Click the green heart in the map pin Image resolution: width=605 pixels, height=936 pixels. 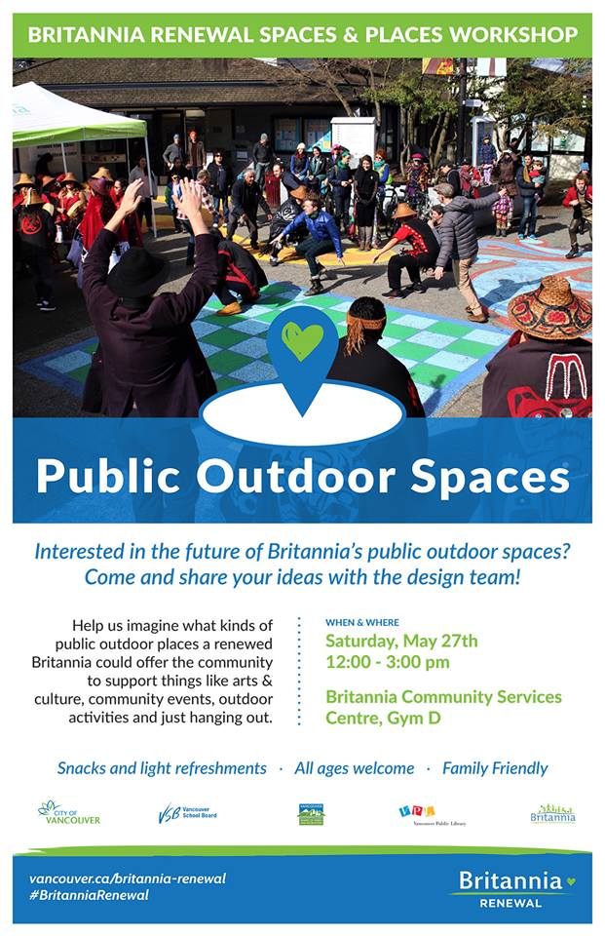pyautogui.click(x=303, y=340)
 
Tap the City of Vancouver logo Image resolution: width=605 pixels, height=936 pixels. pyautogui.click(x=68, y=812)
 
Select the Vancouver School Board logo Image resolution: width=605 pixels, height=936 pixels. pyautogui.click(x=187, y=813)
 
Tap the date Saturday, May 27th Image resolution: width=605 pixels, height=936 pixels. pyautogui.click(x=401, y=641)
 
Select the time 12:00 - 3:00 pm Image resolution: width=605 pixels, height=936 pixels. pyautogui.click(x=387, y=662)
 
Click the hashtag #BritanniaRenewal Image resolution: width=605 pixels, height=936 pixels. pyautogui.click(x=89, y=895)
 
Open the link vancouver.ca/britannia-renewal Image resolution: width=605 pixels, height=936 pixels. pyautogui.click(x=127, y=878)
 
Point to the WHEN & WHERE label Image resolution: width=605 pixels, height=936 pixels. pyautogui.click(x=361, y=622)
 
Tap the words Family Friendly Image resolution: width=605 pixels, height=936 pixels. pyautogui.click(x=495, y=768)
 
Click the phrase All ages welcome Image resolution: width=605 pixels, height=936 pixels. pyautogui.click(x=354, y=768)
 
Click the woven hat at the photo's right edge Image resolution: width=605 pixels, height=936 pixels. pyautogui.click(x=550, y=305)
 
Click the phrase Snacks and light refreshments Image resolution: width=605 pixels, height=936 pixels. pyautogui.click(x=162, y=768)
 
